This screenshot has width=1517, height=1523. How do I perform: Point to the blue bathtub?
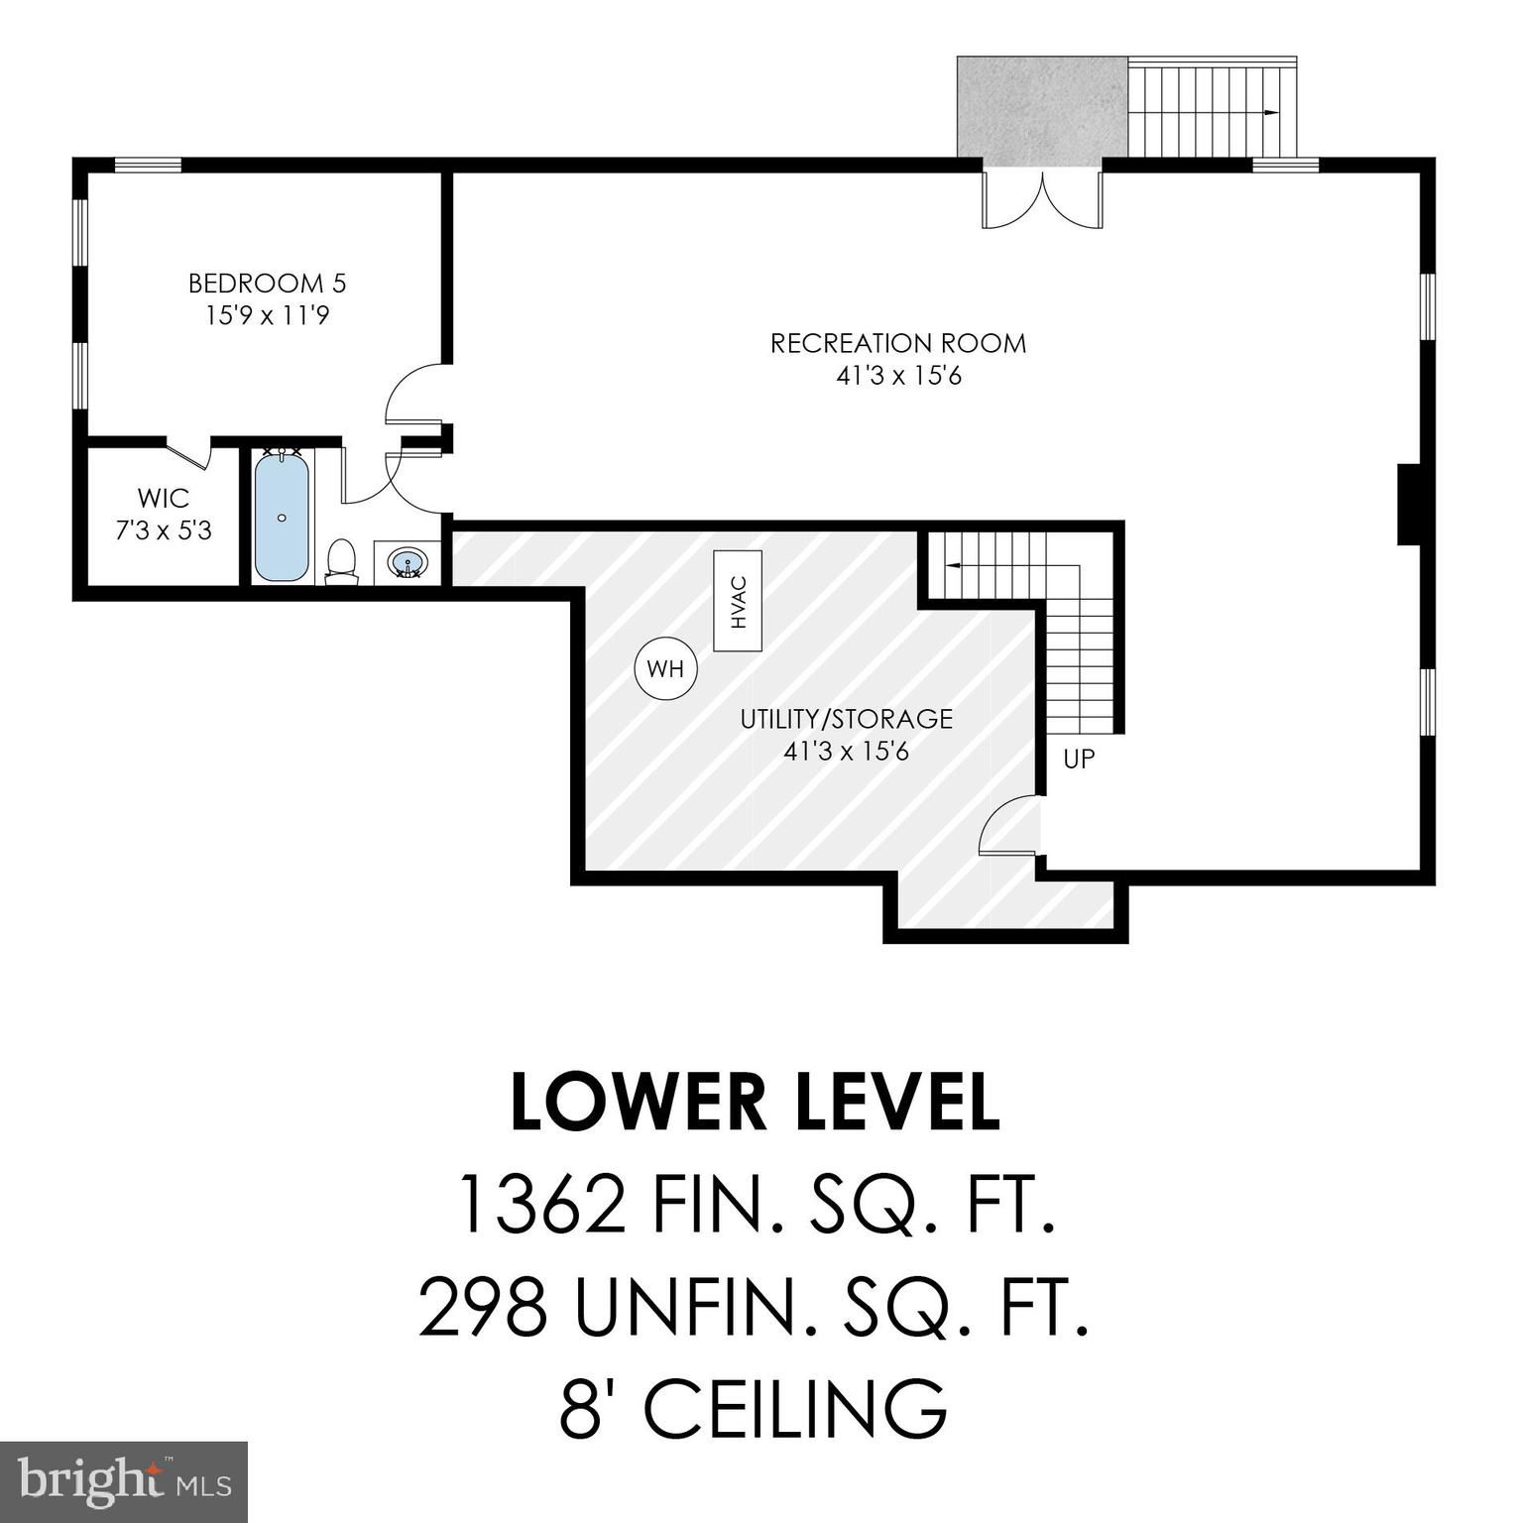[282, 517]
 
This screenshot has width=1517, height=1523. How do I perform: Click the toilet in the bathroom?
[341, 560]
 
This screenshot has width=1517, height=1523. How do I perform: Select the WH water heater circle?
[665, 669]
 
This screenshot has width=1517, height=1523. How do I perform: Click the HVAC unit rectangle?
[738, 603]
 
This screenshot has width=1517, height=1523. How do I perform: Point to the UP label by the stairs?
[1078, 760]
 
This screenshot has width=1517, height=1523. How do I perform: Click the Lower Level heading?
[755, 1103]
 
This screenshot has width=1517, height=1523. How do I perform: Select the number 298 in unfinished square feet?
[483, 1306]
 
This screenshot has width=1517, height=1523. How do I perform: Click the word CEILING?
[795, 1408]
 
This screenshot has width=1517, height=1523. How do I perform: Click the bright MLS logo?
[123, 1482]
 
